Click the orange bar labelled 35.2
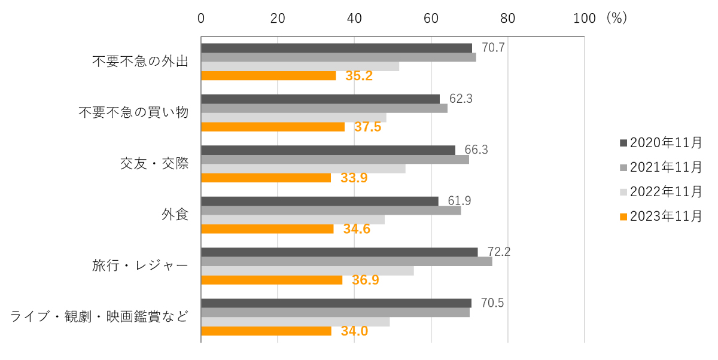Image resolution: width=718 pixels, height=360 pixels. tap(268, 76)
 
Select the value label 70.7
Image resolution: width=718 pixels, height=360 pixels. tap(493, 48)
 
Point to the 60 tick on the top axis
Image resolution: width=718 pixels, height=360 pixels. tap(431, 18)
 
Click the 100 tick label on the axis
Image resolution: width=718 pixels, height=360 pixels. tap(584, 18)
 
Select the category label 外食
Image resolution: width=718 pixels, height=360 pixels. tap(175, 214)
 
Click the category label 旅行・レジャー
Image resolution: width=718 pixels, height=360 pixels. tap(141, 265)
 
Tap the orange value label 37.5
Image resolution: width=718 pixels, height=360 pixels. tap(367, 127)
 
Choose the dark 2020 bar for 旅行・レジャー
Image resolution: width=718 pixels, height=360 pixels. tap(339, 252)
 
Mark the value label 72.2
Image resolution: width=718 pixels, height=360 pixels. tap(499, 252)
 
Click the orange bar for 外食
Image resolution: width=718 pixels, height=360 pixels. tap(267, 229)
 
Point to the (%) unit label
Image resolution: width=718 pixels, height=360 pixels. tap(616, 18)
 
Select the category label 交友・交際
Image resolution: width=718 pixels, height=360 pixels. tap(154, 163)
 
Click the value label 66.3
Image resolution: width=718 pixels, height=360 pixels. tap(476, 150)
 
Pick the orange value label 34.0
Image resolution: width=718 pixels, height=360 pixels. tap(354, 331)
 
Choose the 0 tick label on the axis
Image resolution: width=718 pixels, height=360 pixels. tap(201, 18)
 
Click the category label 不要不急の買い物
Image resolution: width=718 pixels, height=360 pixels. tap(133, 112)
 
